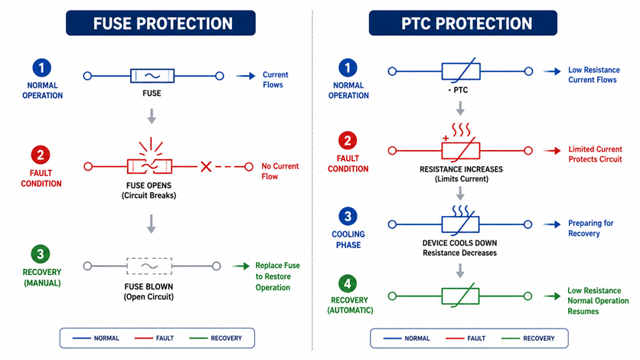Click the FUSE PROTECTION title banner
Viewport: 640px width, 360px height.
161,23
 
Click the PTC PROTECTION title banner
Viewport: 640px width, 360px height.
463,23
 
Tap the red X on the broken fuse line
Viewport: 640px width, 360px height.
206,166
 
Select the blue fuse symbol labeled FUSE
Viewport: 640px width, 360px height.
152,76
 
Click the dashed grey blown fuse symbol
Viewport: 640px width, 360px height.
149,266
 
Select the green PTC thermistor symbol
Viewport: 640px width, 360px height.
460,296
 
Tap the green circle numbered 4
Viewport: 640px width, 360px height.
348,283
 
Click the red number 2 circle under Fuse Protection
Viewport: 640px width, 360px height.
41,155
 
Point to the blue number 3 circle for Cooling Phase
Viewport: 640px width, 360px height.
348,216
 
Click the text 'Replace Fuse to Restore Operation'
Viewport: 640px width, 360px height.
278,277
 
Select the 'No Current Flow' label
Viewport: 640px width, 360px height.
280,172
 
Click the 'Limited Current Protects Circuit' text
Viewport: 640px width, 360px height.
595,154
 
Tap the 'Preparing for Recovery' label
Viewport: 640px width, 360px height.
590,228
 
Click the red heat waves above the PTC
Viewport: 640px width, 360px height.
461,129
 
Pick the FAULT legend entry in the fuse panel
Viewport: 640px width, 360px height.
155,338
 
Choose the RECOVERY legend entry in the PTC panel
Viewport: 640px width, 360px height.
528,339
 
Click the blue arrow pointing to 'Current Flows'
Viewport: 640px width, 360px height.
246,76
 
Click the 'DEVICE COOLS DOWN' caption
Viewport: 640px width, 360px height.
459,243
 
